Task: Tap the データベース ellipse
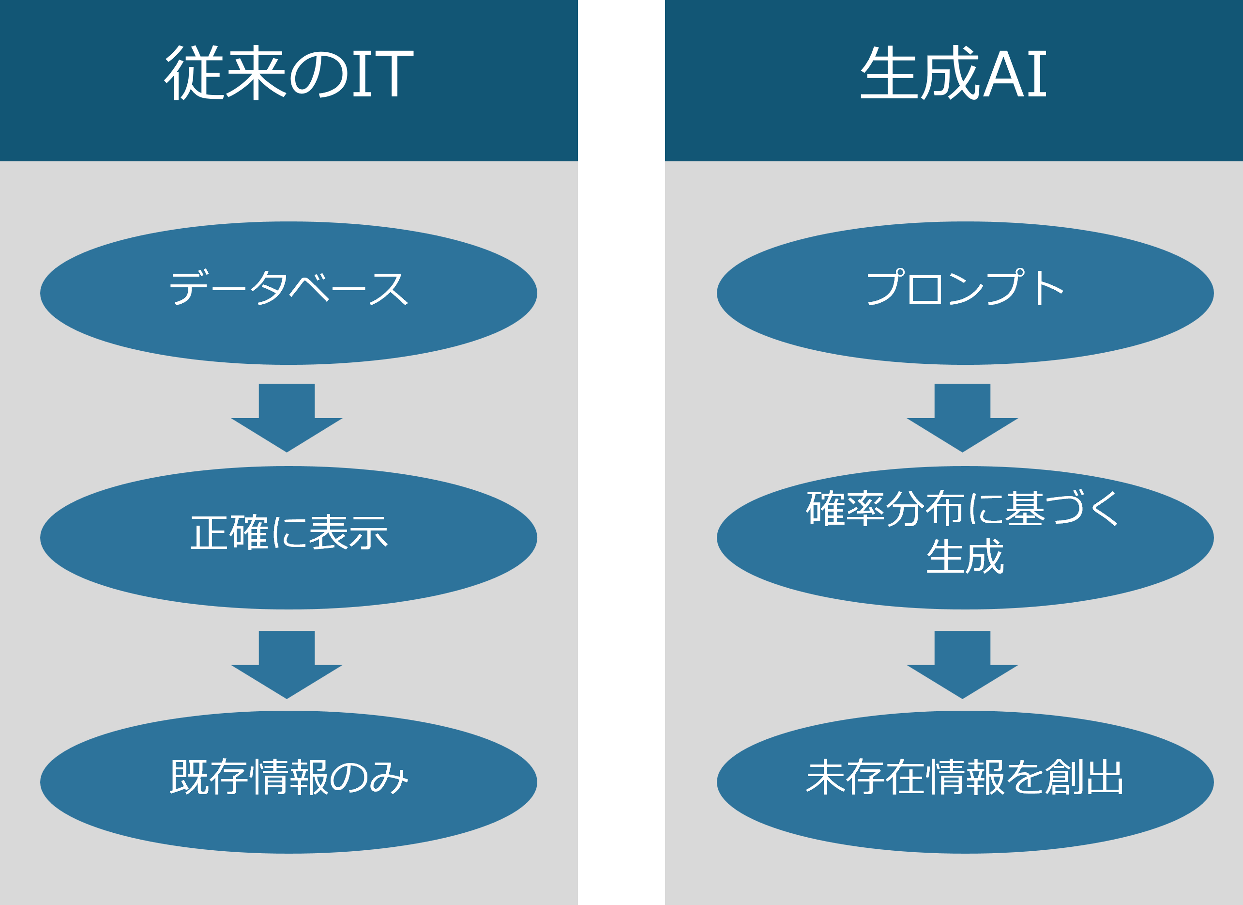pos(288,293)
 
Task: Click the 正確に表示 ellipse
pos(288,537)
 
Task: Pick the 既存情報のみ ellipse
pos(288,781)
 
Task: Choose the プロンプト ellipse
pos(965,293)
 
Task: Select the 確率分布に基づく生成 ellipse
pos(965,537)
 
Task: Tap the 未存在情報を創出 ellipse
pos(965,781)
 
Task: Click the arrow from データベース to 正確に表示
pos(287,417)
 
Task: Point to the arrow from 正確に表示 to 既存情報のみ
pos(287,664)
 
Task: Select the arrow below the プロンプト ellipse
pos(962,417)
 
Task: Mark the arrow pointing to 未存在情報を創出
pos(962,664)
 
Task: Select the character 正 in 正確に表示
pos(208,532)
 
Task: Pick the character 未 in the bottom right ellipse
pos(824,777)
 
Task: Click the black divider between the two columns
pos(621,452)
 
